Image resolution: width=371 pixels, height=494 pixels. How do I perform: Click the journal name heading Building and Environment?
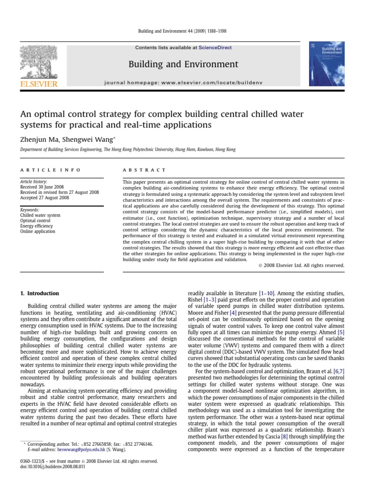[x=183, y=64]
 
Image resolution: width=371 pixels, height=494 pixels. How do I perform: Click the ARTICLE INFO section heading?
[x=44, y=170]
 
